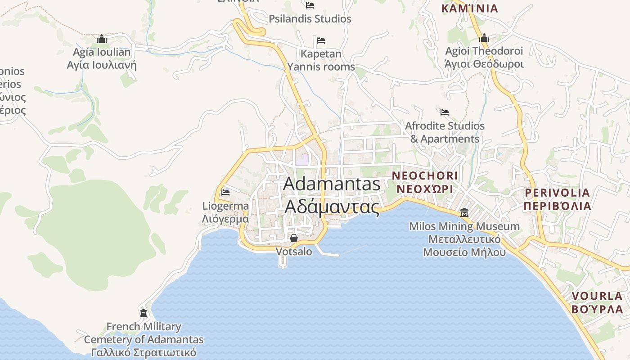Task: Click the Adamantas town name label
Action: pos(332,184)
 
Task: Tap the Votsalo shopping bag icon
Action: pos(294,238)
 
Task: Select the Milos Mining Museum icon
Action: pos(464,212)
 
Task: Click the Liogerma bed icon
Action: pos(225,193)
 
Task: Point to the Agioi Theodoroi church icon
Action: pos(484,38)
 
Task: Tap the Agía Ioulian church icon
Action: pos(102,39)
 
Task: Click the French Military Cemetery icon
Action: pos(144,313)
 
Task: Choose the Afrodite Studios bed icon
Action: pos(445,112)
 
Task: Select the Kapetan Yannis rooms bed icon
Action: pos(321,40)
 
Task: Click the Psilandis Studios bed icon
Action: pos(310,5)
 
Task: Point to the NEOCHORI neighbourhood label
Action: pos(425,175)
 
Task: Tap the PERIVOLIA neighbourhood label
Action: pos(557,193)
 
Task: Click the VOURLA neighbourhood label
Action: pos(597,296)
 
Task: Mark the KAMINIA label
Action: pos(470,9)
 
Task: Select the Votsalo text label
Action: pos(294,252)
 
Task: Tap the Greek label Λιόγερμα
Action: pos(225,219)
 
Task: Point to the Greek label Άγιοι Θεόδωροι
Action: pos(484,64)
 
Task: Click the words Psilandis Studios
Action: pos(310,19)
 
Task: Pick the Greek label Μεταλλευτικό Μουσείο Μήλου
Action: pos(464,246)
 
